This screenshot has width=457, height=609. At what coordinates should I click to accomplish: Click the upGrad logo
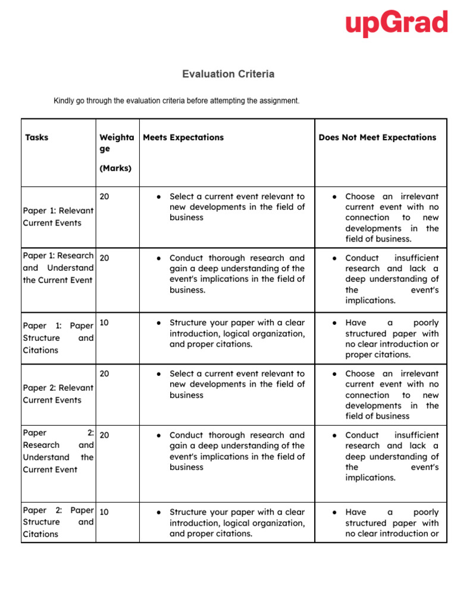[396, 24]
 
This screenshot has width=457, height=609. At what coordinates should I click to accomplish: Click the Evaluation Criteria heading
[228, 74]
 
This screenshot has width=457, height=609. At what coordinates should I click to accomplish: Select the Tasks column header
[37, 137]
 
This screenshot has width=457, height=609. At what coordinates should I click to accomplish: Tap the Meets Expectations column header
[183, 137]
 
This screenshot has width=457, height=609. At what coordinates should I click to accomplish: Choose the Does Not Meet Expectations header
[377, 137]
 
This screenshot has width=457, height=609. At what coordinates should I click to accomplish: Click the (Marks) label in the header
[115, 168]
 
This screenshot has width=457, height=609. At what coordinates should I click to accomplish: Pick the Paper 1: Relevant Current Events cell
[58, 217]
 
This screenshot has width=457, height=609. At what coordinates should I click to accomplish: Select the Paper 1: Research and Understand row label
[58, 268]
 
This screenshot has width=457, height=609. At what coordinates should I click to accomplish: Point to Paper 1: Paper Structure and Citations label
[58, 338]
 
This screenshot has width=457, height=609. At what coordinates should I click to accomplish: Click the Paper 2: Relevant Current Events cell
[58, 394]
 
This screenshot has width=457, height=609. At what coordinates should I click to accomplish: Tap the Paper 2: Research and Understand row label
[58, 451]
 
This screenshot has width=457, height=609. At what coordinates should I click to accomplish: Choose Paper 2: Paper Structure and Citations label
[58, 522]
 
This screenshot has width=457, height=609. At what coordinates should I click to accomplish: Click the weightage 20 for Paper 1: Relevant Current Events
[105, 196]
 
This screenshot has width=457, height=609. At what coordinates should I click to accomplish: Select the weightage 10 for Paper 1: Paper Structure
[105, 322]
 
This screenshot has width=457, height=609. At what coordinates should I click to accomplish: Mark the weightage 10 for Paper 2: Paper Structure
[105, 512]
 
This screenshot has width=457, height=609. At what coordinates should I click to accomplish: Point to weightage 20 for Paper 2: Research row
[105, 435]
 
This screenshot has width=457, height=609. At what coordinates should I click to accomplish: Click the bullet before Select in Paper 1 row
[159, 196]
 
